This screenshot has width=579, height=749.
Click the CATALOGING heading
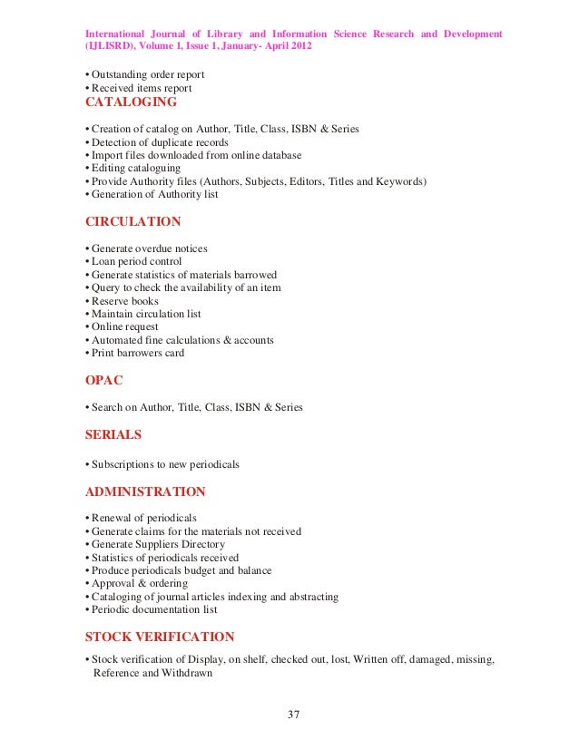[131, 102]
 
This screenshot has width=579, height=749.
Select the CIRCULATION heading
[132, 221]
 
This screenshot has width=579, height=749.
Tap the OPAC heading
[104, 381]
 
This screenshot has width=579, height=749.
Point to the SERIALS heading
[113, 435]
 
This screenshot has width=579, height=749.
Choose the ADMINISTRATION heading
[144, 491]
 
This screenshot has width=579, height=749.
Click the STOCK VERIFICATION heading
[159, 637]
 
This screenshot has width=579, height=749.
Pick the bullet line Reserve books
[123, 301]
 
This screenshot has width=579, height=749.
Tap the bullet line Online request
[123, 326]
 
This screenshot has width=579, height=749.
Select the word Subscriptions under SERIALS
[123, 463]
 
